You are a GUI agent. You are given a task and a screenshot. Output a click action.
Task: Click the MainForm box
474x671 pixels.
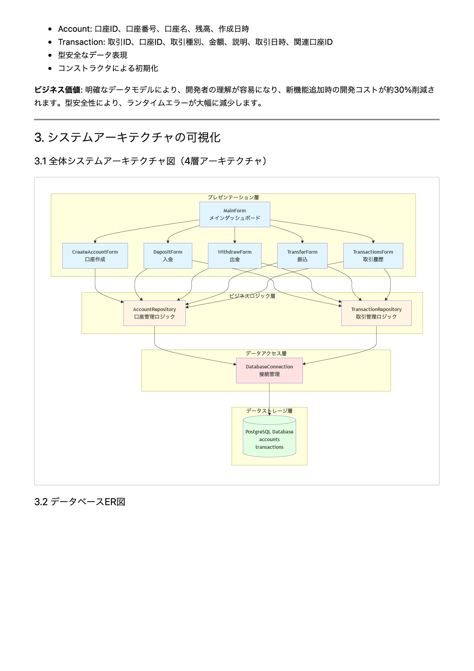tap(235, 215)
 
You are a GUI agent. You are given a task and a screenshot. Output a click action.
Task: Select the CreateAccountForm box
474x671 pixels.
tap(95, 256)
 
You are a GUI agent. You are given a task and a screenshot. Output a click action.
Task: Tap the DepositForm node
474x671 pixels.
tap(168, 256)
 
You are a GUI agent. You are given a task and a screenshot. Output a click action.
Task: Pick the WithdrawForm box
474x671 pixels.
tap(235, 256)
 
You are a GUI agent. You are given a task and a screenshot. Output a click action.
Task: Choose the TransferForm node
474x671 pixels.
tap(302, 256)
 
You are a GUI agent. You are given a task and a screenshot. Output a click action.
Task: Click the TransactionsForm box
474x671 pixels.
tap(373, 256)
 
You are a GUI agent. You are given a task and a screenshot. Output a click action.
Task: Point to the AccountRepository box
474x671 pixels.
tap(154, 313)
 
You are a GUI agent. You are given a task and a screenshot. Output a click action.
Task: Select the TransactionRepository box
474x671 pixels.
tap(376, 313)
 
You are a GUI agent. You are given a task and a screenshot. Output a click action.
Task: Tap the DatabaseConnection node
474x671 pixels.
tap(269, 370)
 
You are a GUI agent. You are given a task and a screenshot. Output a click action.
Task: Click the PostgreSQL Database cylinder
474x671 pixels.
tap(269, 438)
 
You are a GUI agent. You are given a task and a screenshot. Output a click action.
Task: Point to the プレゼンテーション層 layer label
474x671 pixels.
tap(233, 197)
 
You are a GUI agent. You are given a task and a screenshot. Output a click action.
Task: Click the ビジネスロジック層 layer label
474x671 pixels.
tap(252, 296)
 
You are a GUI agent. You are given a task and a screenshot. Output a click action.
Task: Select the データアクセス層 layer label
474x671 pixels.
tap(266, 353)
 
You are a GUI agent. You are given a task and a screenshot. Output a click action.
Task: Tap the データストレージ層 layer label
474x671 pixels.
tap(269, 411)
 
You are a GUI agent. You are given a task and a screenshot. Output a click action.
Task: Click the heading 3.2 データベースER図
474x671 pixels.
tap(80, 502)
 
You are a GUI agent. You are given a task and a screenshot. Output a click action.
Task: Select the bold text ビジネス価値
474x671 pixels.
tap(57, 90)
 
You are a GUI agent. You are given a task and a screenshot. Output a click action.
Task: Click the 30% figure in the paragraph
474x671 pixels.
tap(403, 90)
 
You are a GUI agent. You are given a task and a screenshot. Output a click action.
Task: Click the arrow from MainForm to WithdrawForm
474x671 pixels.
tap(235, 235)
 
